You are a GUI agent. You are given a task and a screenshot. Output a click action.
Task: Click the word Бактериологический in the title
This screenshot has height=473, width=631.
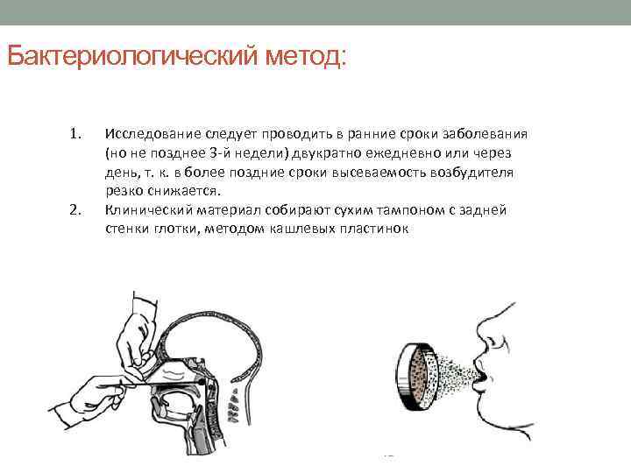[x=131, y=57]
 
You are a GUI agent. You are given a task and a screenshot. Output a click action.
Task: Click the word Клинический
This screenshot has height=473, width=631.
[x=145, y=210]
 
